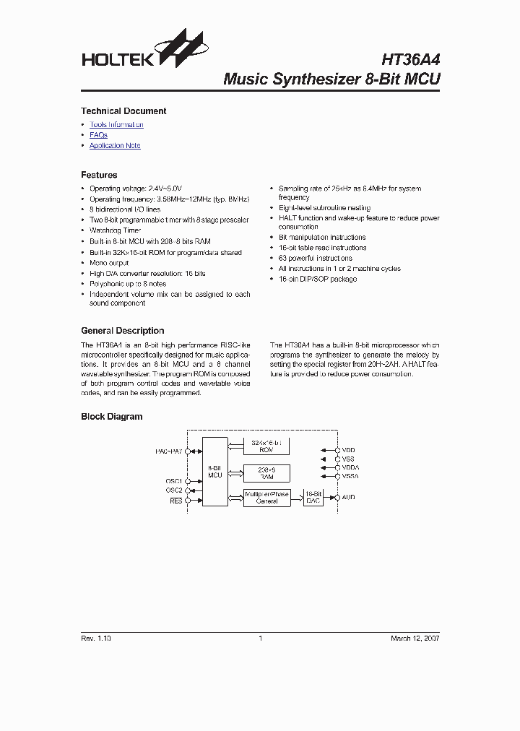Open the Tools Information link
pos(116,125)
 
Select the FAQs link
pos(98,135)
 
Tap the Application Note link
pos(115,146)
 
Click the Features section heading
pos(99,175)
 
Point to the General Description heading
pos(122,331)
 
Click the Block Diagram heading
pos(111,417)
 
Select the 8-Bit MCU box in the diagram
pos(214,471)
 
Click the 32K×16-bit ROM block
pos(266,445)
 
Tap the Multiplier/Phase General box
pos(266,498)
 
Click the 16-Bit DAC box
pos(313,498)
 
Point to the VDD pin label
pos(348,449)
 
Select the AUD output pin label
pos(348,497)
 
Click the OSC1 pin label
pos(173,481)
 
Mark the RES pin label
pos(175,500)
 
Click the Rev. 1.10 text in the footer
pos(96,639)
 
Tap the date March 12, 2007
pos(415,639)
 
